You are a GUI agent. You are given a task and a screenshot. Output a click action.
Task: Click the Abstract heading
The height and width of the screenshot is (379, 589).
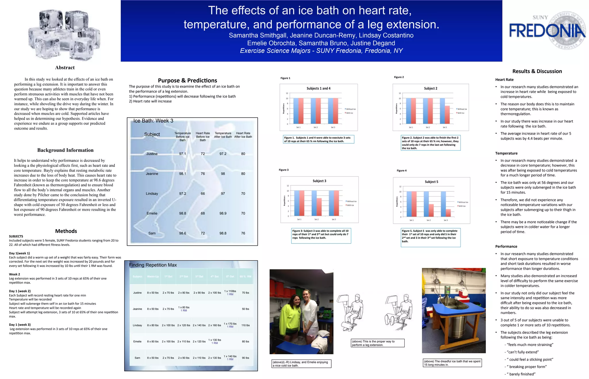coord(65,68)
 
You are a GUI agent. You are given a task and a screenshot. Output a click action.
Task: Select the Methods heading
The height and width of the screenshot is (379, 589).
coord(66,231)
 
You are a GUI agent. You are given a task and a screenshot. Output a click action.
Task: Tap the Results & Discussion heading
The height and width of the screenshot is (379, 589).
coord(537,71)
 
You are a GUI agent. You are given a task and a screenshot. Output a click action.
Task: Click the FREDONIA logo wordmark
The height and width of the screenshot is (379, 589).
coord(547,31)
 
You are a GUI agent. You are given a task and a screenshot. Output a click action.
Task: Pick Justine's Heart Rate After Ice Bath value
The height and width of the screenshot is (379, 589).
coord(243,154)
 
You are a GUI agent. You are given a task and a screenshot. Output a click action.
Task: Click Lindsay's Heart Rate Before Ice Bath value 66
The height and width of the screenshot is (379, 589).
coord(203,194)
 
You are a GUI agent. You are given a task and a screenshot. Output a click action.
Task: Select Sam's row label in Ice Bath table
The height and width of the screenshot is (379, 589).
coord(152,233)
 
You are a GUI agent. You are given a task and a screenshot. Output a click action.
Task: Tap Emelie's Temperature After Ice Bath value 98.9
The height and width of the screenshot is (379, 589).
coord(223,214)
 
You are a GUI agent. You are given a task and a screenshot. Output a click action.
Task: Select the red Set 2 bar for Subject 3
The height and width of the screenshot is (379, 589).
coord(319,207)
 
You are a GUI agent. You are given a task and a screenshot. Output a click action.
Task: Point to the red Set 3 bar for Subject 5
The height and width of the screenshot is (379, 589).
coord(448,213)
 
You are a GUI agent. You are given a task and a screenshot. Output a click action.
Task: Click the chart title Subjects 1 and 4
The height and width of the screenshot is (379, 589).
coord(318,88)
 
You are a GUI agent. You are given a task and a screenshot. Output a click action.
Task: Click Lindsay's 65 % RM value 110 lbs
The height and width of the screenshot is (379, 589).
coord(245,325)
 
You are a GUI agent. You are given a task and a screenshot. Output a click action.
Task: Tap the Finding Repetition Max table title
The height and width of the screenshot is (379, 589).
coord(153,265)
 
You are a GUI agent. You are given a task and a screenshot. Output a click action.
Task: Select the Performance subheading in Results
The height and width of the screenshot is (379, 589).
coord(506,247)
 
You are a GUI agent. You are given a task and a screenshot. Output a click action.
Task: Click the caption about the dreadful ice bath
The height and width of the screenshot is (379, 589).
coord(452,363)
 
